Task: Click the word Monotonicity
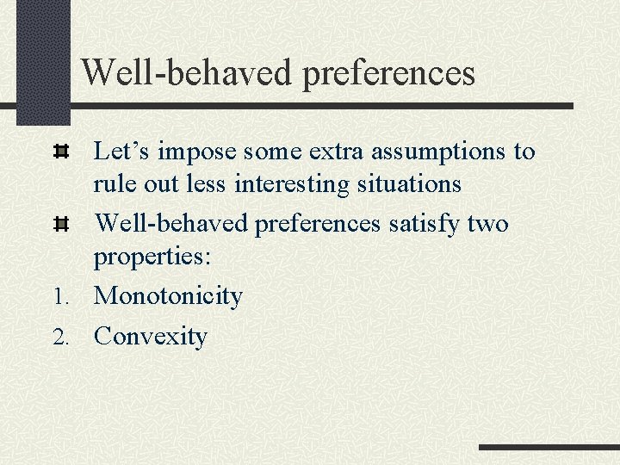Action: coord(168,296)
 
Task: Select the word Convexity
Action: coord(150,336)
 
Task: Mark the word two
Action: coord(488,224)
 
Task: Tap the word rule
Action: coord(113,184)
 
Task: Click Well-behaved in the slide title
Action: coord(187,72)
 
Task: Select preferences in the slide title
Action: coord(388,74)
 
